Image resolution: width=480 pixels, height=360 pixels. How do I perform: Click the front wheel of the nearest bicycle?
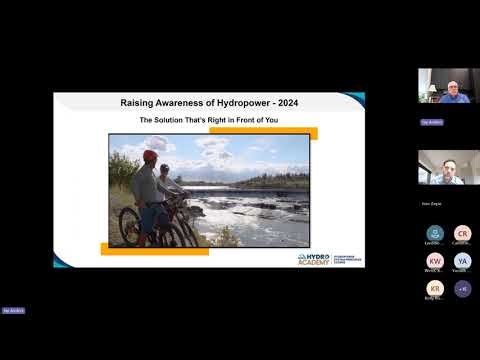pyautogui.click(x=130, y=227)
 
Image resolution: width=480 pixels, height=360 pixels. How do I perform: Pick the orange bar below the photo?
pyautogui.click(x=154, y=250)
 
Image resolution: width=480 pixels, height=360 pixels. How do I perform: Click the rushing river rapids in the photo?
pyautogui.click(x=250, y=215)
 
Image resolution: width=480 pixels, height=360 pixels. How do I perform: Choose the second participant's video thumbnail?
pyautogui.click(x=442, y=167)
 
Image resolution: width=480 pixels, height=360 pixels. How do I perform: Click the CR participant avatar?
pyautogui.click(x=462, y=233)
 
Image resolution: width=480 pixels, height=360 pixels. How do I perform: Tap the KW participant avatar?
pyautogui.click(x=434, y=261)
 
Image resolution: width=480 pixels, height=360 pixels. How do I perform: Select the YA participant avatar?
pyautogui.click(x=462, y=261)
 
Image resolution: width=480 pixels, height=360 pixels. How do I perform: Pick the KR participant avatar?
pyautogui.click(x=434, y=289)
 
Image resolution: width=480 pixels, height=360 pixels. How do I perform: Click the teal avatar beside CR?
pyautogui.click(x=434, y=233)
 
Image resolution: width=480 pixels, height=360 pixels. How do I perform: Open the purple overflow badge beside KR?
pyautogui.click(x=462, y=289)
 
